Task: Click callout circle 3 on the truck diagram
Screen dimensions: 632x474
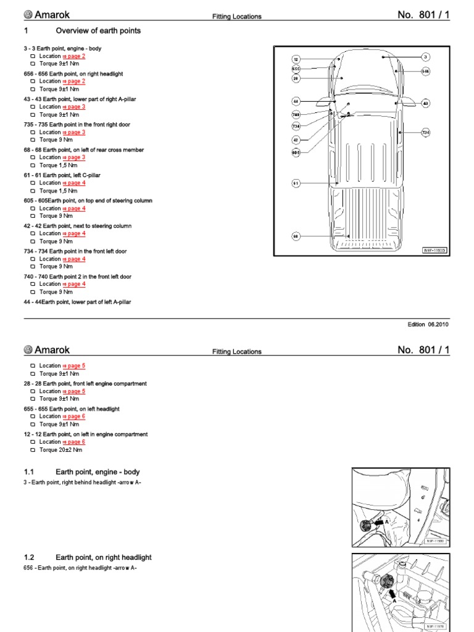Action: pyautogui.click(x=425, y=57)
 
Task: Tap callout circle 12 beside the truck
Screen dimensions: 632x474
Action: pyautogui.click(x=296, y=59)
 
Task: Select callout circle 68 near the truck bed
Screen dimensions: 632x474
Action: pyautogui.click(x=296, y=236)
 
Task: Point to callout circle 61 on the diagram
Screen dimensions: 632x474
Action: pyautogui.click(x=296, y=183)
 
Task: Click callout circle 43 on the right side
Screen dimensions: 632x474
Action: pyautogui.click(x=425, y=103)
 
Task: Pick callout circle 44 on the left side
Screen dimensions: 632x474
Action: pyautogui.click(x=296, y=101)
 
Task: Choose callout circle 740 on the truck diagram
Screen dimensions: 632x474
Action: pyautogui.click(x=296, y=115)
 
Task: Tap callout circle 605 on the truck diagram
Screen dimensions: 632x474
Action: pyautogui.click(x=296, y=152)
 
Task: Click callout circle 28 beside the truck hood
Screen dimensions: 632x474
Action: pyautogui.click(x=296, y=78)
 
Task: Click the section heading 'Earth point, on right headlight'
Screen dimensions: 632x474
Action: pyautogui.click(x=103, y=557)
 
